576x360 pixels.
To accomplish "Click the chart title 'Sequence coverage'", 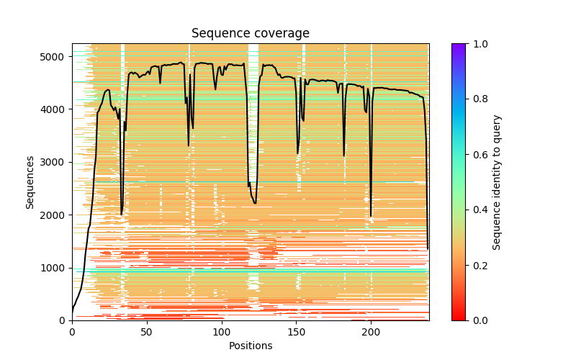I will [x=250, y=33].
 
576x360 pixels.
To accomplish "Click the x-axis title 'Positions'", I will [x=250, y=346].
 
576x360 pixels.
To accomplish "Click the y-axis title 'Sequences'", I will [x=30, y=181].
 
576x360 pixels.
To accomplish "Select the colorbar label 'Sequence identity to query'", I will [x=497, y=181].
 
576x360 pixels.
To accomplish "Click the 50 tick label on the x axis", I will [x=147, y=331].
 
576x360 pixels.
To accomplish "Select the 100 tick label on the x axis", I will [x=221, y=331].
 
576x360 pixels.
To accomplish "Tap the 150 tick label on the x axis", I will [x=296, y=331].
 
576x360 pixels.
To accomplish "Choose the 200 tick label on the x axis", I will [x=371, y=331].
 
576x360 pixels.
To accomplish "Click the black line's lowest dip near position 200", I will [x=371, y=216].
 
